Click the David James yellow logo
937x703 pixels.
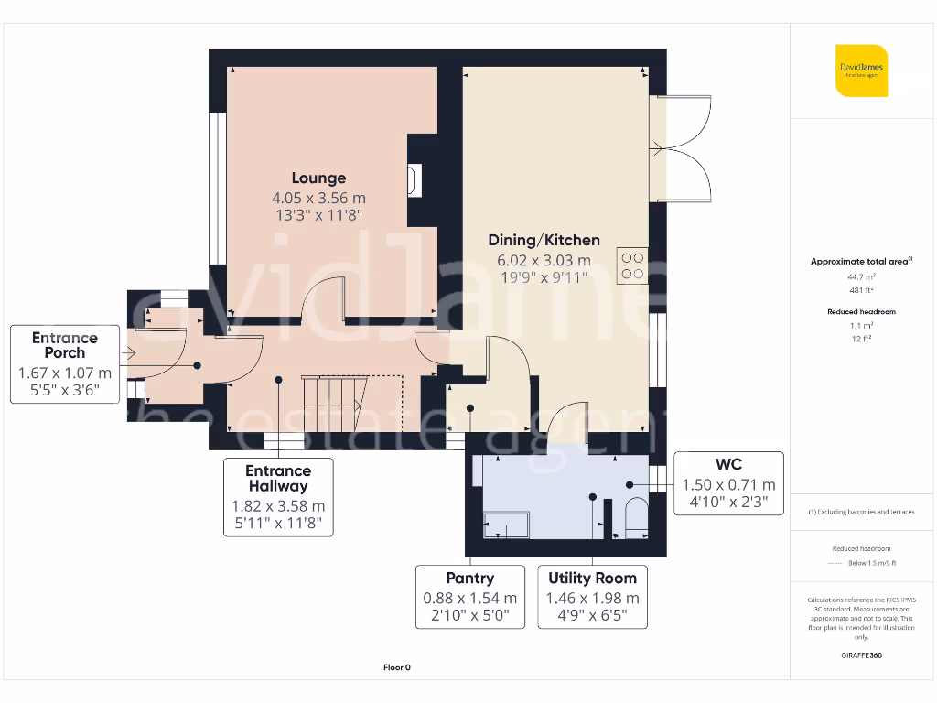pyautogui.click(x=861, y=70)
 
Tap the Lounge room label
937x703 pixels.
pyautogui.click(x=318, y=178)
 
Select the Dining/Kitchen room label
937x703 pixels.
pyautogui.click(x=544, y=240)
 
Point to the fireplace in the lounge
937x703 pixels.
pyautogui.click(x=416, y=180)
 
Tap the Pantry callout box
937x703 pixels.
pyautogui.click(x=469, y=597)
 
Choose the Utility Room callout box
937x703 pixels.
pyautogui.click(x=592, y=597)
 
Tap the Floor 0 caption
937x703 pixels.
pyautogui.click(x=396, y=667)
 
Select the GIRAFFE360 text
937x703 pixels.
pyautogui.click(x=861, y=655)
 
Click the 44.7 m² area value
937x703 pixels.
pyautogui.click(x=861, y=276)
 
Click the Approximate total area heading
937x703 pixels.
pyautogui.click(x=861, y=262)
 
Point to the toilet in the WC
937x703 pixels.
pyautogui.click(x=634, y=517)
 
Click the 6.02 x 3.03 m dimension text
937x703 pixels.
pyautogui.click(x=544, y=260)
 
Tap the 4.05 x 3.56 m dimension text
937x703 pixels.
pyautogui.click(x=318, y=198)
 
